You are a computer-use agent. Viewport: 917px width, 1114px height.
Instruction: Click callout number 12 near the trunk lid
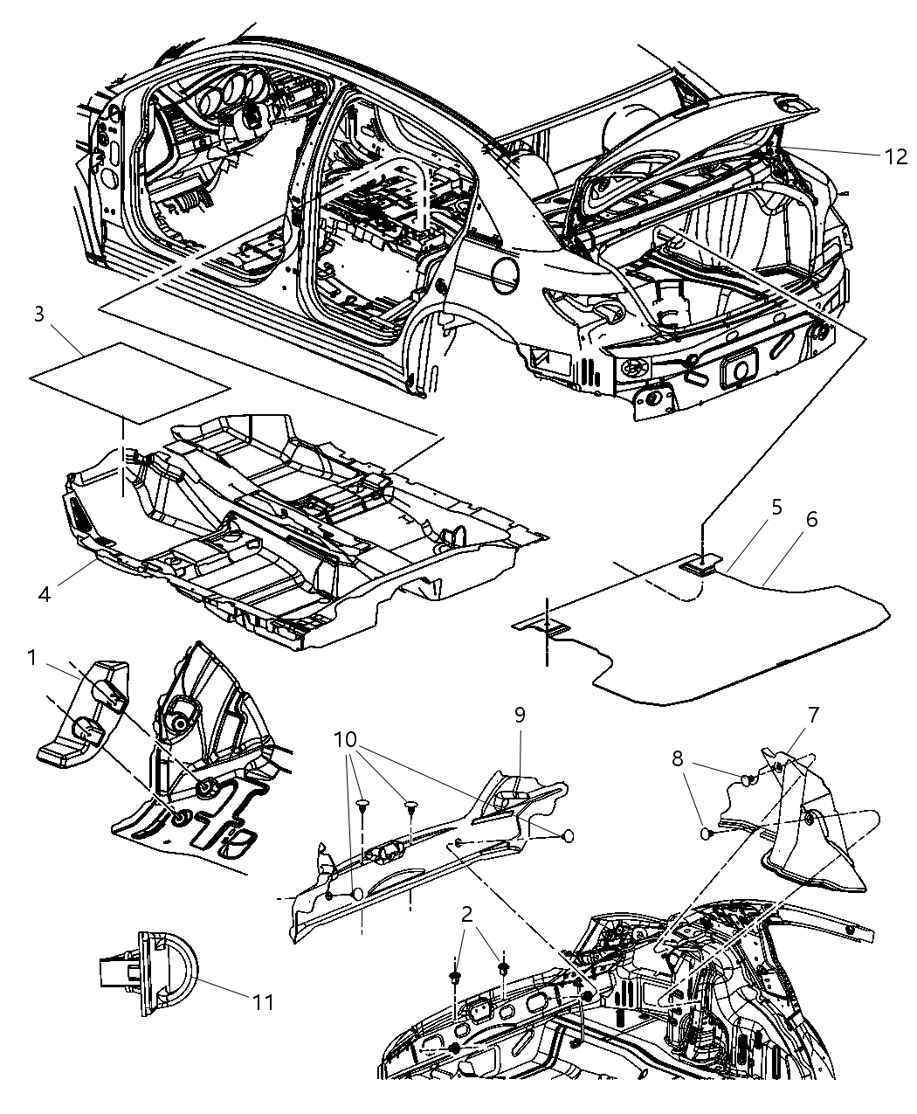pos(895,156)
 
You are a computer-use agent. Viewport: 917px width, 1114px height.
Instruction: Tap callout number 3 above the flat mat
pos(38,315)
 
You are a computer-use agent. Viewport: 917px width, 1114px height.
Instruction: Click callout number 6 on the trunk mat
pos(811,520)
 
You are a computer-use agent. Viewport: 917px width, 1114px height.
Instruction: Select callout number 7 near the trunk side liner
pos(812,715)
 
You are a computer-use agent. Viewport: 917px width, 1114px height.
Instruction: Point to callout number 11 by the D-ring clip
pos(263,1001)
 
